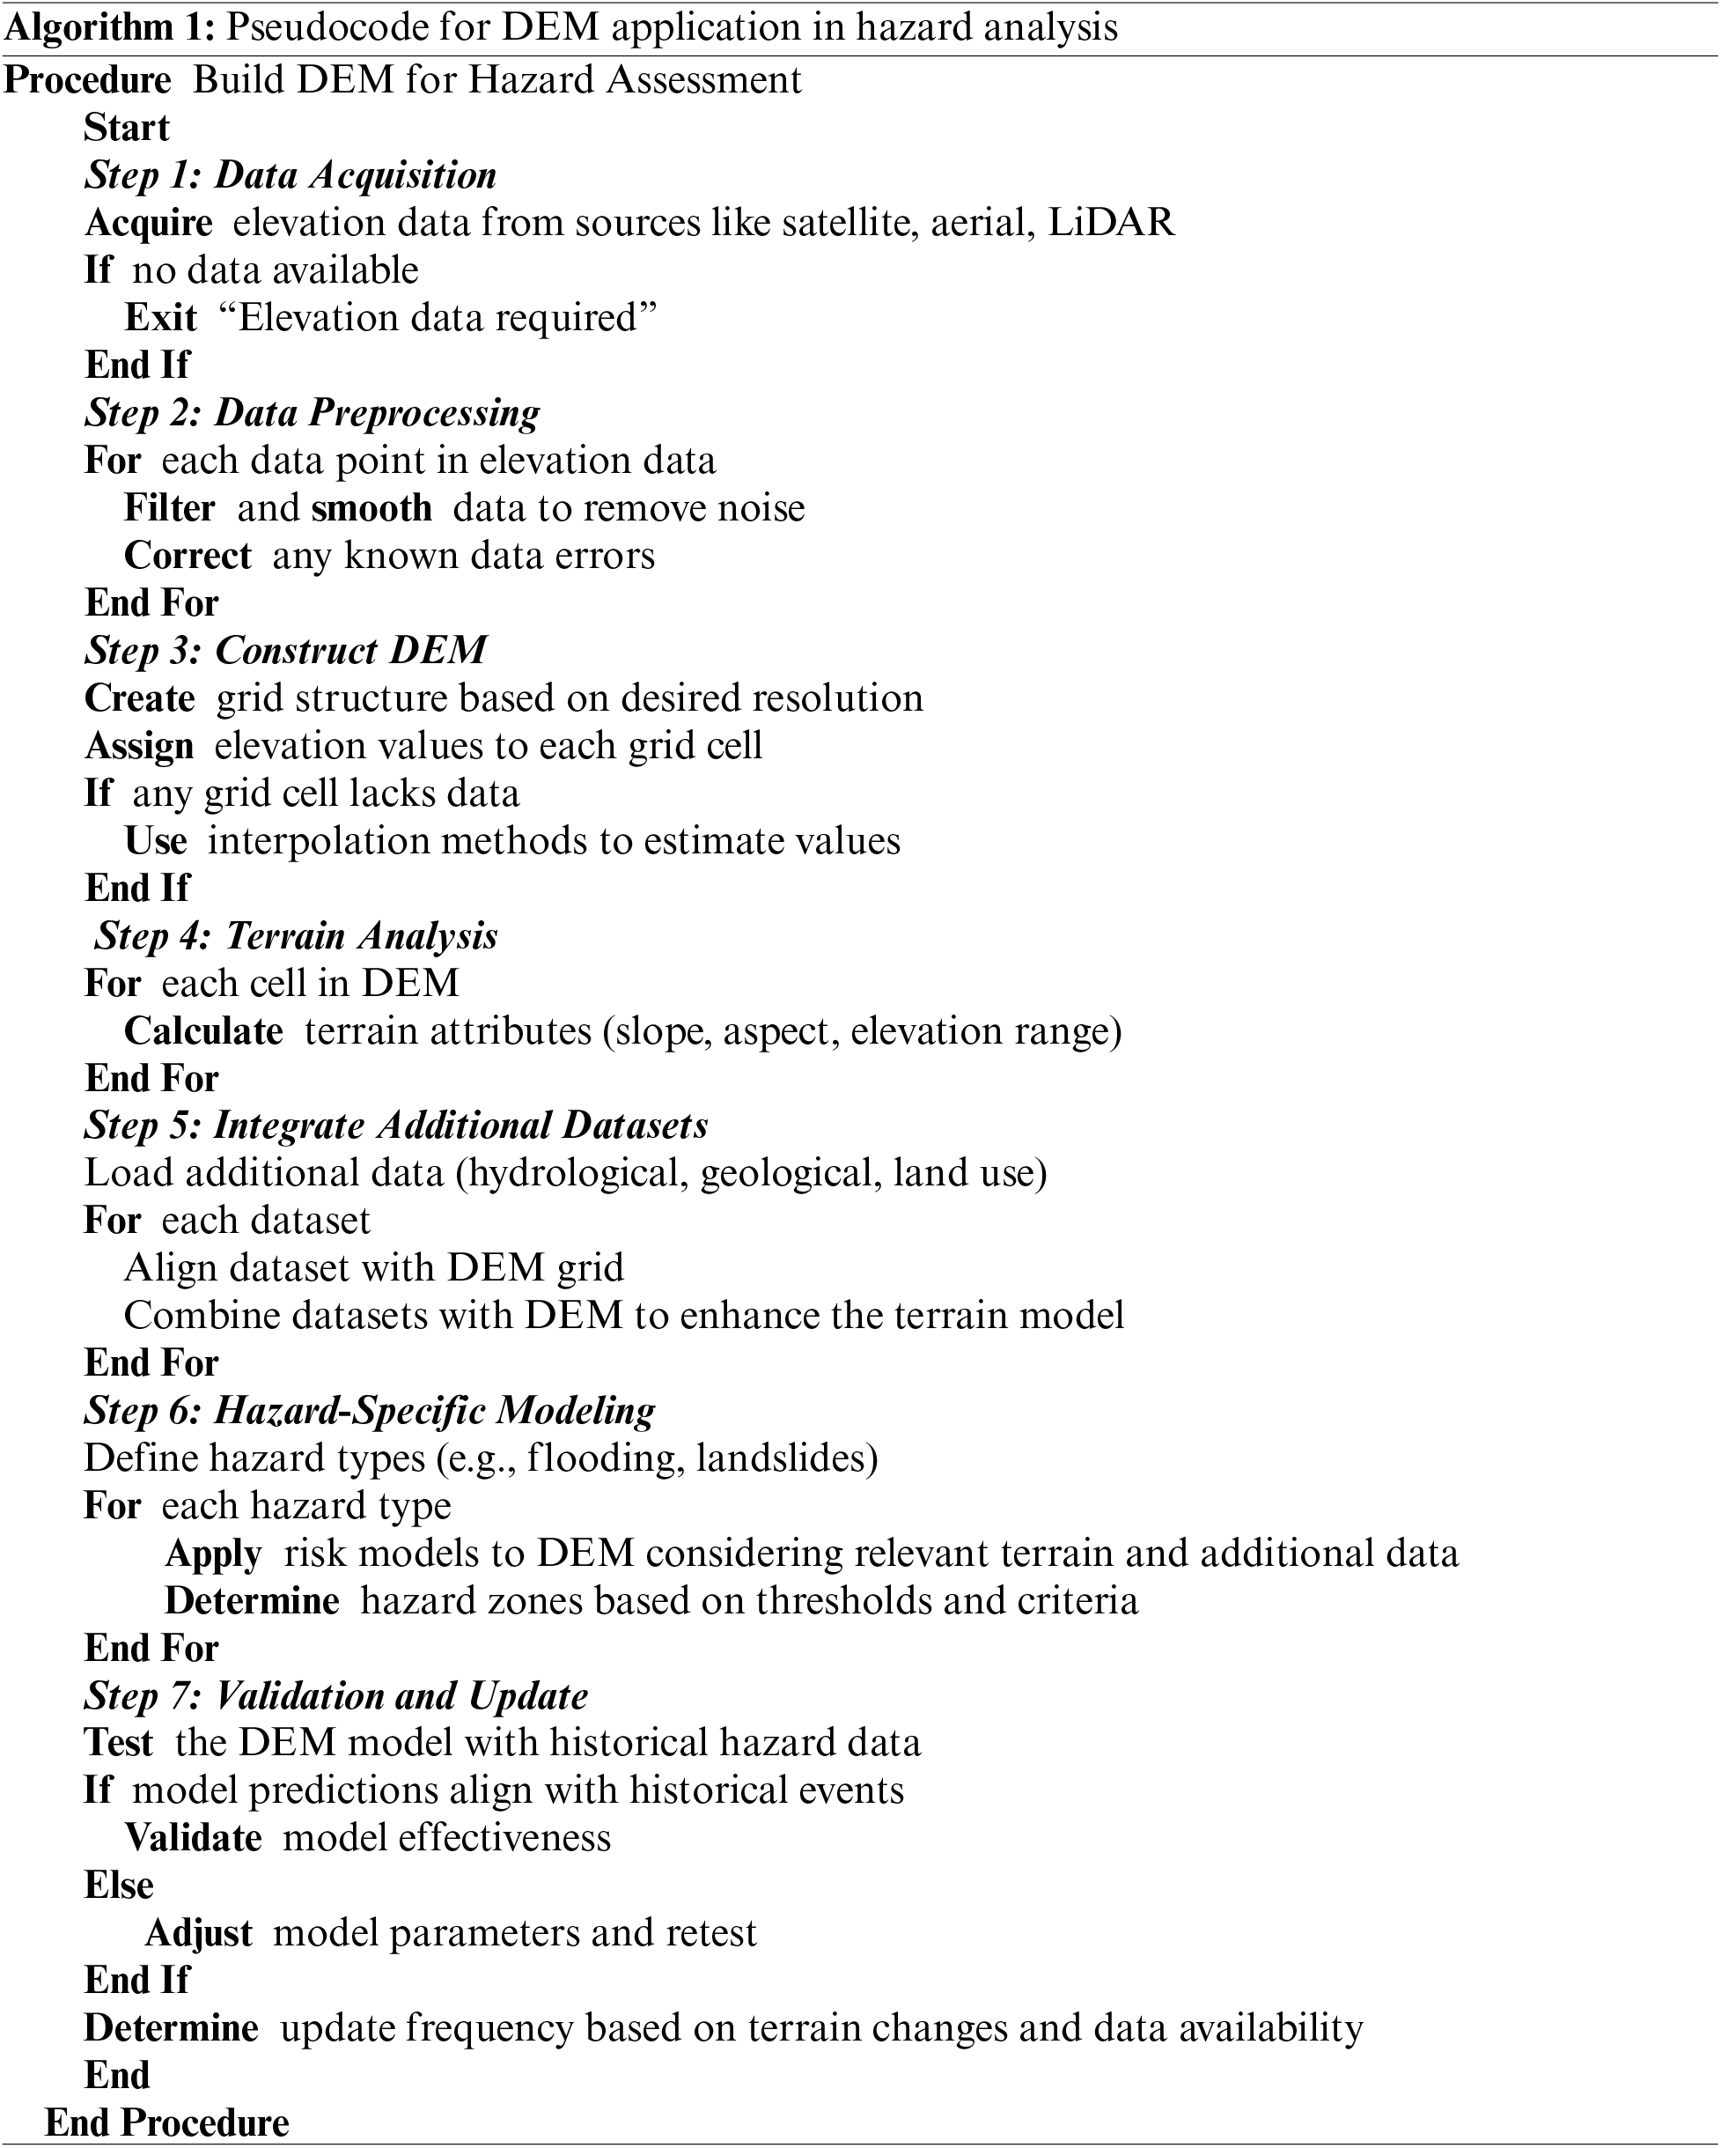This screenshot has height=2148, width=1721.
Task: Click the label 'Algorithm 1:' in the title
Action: [x=109, y=28]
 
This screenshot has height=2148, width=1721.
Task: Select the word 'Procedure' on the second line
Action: [x=88, y=81]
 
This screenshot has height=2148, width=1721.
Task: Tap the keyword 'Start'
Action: [x=127, y=129]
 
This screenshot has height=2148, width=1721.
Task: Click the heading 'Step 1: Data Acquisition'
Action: [x=290, y=175]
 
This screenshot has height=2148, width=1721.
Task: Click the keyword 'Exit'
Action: [x=160, y=318]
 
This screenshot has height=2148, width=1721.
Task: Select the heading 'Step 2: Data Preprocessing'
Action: [x=312, y=413]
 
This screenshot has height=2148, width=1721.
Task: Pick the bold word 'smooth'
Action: [x=371, y=508]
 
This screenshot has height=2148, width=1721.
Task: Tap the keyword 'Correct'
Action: [x=188, y=556]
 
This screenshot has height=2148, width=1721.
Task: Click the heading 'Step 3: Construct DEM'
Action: [x=286, y=651]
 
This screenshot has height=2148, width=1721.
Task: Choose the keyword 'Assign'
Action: [x=139, y=746]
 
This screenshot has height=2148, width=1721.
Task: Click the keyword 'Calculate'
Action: [x=203, y=1031]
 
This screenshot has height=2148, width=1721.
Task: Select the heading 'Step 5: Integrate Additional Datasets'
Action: [x=396, y=1126]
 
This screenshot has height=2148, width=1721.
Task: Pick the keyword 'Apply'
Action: [x=213, y=1554]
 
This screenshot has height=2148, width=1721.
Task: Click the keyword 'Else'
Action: [x=119, y=1885]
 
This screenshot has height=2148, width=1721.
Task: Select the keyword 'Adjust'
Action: [x=198, y=1933]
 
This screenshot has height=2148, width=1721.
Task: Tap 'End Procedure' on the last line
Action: [x=167, y=2123]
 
